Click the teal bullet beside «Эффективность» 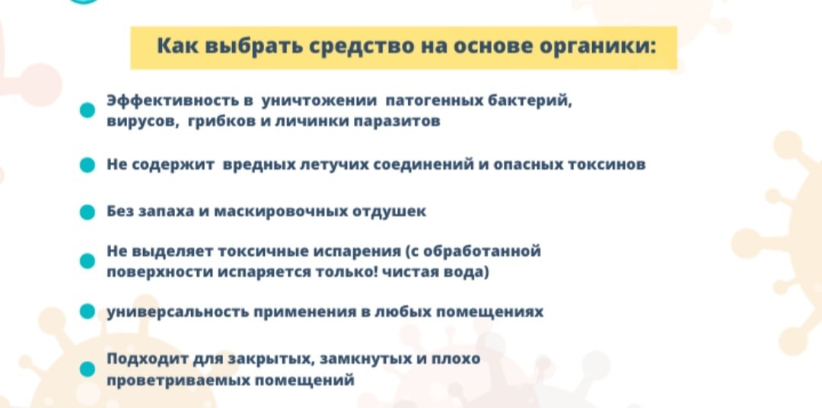pos(88,111)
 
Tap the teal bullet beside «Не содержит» pos(88,165)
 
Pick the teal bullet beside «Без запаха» pos(88,212)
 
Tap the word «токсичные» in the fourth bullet pos(255,251)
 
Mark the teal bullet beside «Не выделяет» pos(88,262)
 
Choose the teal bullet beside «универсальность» pos(88,312)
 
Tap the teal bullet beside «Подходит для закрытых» pos(88,369)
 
